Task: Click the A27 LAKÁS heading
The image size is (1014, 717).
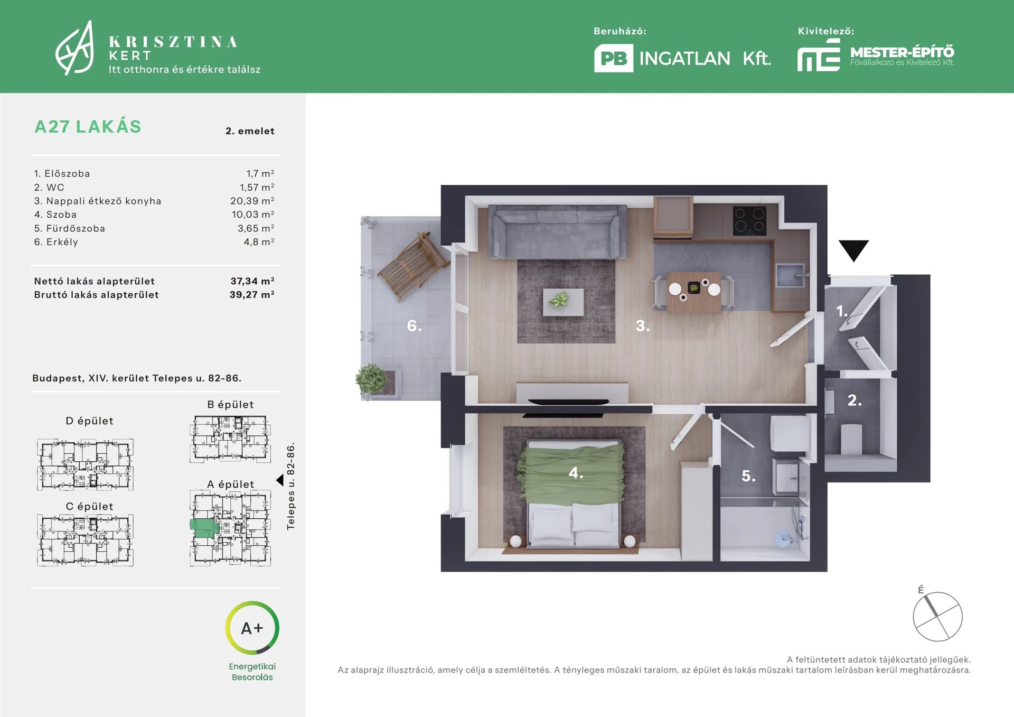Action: tap(88, 127)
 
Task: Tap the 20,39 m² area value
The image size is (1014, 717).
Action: tap(252, 201)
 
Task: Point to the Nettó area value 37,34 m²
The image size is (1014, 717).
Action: tap(252, 281)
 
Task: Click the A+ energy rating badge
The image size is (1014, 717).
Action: tap(252, 628)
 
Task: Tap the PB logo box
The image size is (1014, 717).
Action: tap(614, 58)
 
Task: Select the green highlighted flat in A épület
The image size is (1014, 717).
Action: tap(204, 528)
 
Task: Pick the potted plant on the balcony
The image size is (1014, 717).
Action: tap(371, 379)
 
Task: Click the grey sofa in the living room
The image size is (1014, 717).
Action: tap(558, 231)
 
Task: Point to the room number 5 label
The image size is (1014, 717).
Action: tap(748, 476)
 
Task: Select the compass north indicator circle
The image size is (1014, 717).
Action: tap(938, 617)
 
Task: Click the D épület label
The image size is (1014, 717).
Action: tap(89, 421)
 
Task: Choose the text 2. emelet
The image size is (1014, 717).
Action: tap(250, 131)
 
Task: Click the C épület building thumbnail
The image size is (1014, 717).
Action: tap(85, 540)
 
